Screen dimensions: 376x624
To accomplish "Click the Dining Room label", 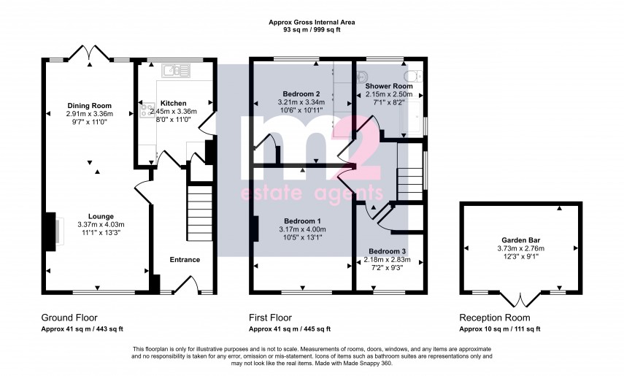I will [x=89, y=104].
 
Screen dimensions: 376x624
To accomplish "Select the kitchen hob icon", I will [x=144, y=112].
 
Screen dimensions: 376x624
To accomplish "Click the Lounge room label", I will [x=101, y=215].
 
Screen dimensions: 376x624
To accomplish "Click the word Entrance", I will [x=185, y=259].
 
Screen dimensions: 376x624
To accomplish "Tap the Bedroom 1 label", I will [x=301, y=220].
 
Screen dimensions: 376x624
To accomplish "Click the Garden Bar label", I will [x=520, y=239].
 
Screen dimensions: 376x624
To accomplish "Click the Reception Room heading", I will [x=495, y=318].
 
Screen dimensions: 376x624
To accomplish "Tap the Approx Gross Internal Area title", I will [x=312, y=23].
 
